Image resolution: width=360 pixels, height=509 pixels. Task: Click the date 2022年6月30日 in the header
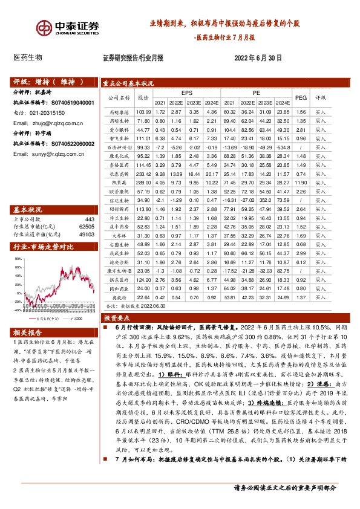tap(258, 58)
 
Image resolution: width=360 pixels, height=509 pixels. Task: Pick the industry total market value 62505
tap(87, 226)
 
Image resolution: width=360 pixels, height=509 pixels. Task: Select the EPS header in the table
tap(186, 93)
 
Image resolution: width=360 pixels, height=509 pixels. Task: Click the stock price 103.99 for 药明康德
tap(143, 112)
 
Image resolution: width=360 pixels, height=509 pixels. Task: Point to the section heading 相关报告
tap(27, 332)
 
